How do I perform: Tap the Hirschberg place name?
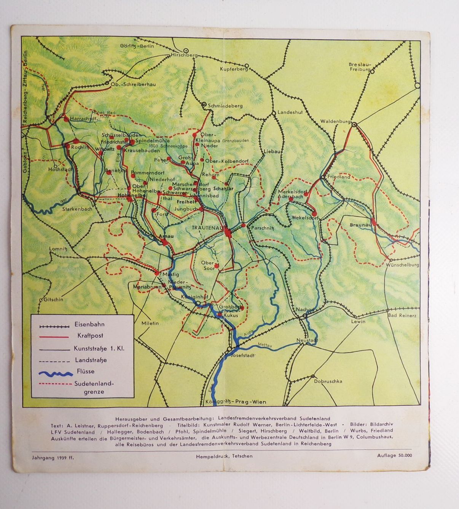185,55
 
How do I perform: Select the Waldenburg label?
335,121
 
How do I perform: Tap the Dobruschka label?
328,381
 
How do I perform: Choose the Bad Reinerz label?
402,316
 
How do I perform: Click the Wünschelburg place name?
402,265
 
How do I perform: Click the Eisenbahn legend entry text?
89,325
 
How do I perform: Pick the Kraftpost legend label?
90,336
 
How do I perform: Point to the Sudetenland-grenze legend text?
94,388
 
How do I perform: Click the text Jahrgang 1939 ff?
53,456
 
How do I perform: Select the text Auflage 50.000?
394,455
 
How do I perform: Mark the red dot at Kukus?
220,315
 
